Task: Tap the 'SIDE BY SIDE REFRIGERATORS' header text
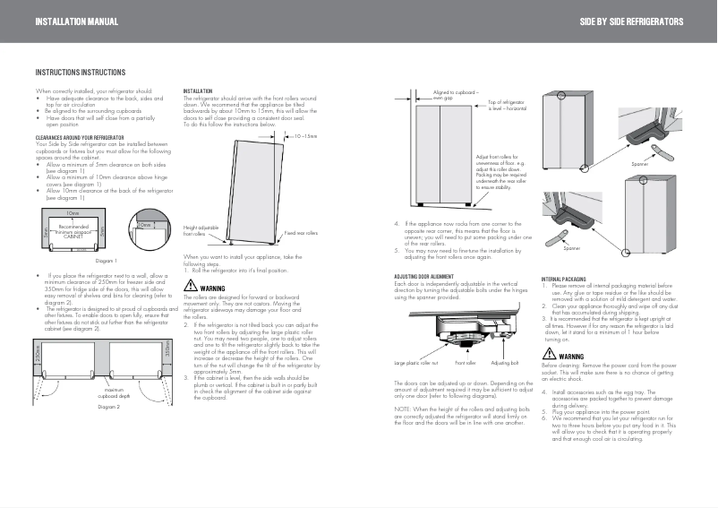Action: tap(631, 21)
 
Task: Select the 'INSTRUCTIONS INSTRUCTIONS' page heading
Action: tap(80, 73)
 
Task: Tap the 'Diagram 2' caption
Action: tap(109, 407)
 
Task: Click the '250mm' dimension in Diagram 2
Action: tap(38, 356)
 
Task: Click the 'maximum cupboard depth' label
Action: tap(114, 392)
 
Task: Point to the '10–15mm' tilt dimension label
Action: tap(306, 137)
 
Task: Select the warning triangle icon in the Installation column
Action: tap(190, 287)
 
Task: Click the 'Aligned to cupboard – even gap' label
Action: tap(456, 94)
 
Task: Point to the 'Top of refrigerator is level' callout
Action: tap(507, 106)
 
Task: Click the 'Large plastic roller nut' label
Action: tap(416, 363)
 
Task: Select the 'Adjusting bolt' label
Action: tap(504, 363)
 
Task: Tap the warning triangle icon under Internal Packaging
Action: tap(549, 356)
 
